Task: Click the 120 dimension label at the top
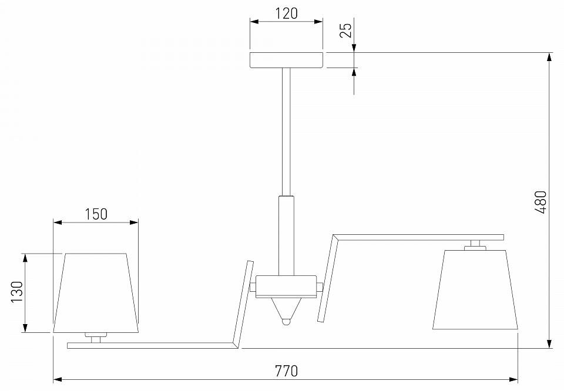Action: click(x=286, y=14)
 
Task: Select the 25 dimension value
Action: click(x=345, y=30)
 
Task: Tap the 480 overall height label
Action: click(x=540, y=202)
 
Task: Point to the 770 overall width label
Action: click(x=286, y=370)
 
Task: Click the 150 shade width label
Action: click(x=96, y=214)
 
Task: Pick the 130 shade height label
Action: click(x=17, y=291)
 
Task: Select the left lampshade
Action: click(x=96, y=293)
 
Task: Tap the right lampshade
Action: click(x=475, y=289)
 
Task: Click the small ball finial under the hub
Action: click(x=286, y=321)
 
